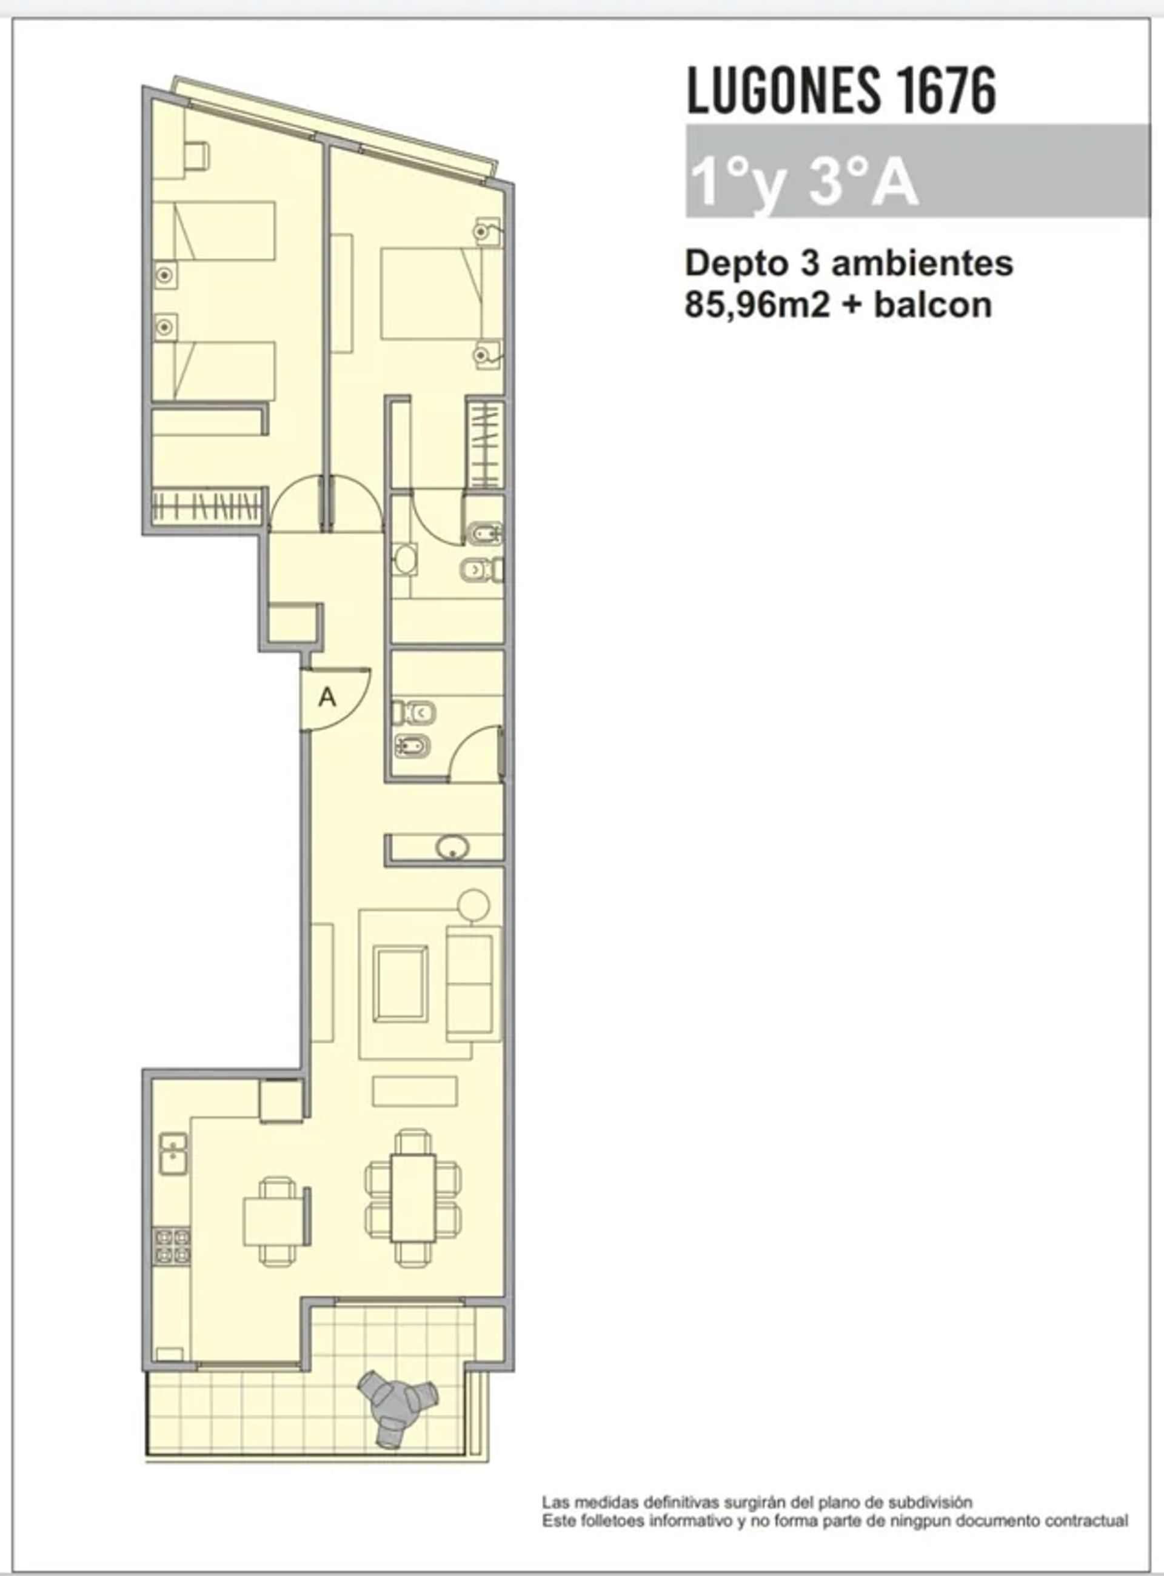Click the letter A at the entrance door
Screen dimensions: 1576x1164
pos(327,698)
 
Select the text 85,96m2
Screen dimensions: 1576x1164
pos(757,305)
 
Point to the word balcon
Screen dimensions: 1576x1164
pos(933,305)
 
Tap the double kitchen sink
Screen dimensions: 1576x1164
pos(173,1154)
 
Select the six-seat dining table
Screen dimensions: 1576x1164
pos(413,1197)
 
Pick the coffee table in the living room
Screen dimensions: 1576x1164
pos(400,984)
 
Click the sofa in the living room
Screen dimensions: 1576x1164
pos(473,984)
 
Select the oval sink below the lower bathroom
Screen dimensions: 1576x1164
pos(452,847)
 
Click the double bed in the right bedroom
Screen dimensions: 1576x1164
pos(431,293)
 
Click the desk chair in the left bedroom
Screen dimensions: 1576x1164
pos(196,155)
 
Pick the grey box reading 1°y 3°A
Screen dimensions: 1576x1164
pos(916,171)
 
